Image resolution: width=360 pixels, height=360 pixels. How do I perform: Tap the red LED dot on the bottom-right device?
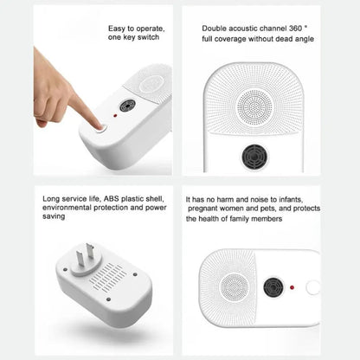[x=295, y=286]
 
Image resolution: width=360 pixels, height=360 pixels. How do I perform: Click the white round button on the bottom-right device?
[x=312, y=286]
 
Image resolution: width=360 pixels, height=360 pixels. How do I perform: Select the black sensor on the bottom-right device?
[x=274, y=286]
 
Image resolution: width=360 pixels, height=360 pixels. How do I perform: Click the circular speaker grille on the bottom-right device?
[x=233, y=286]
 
